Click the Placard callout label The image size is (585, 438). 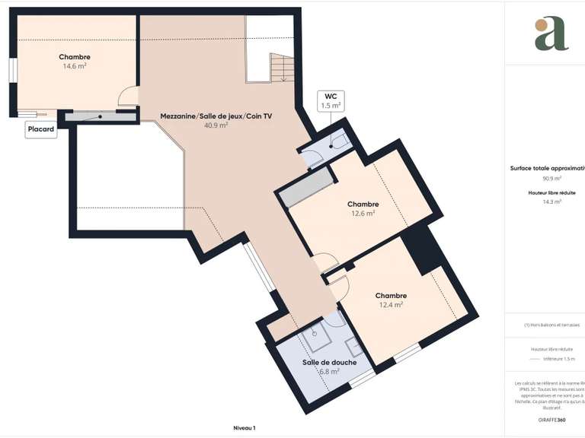click(x=40, y=129)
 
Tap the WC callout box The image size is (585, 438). click(x=331, y=101)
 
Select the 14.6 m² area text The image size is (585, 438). click(x=74, y=67)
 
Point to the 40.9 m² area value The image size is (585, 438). click(x=216, y=125)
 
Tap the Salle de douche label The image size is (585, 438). click(x=329, y=362)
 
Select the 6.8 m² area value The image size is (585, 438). click(x=329, y=372)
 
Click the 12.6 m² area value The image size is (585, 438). click(x=363, y=214)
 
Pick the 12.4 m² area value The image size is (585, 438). click(x=391, y=305)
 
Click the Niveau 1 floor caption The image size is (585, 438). click(x=244, y=428)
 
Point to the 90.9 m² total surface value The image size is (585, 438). click(x=551, y=178)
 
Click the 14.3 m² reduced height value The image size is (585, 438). click(x=551, y=202)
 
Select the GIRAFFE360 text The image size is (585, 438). click(x=551, y=420)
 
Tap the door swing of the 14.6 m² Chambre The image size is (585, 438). click(x=129, y=96)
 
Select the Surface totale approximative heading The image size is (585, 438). click(x=547, y=169)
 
